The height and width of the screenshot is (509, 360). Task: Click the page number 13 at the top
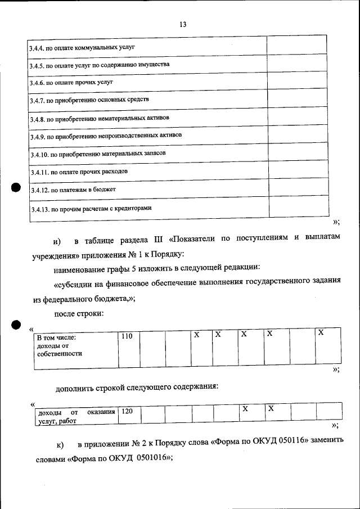[183, 25]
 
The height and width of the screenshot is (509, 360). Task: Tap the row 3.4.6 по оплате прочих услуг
[71, 82]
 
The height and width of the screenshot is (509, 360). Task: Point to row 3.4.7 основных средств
[89, 100]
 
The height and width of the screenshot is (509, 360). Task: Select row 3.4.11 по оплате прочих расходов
[82, 171]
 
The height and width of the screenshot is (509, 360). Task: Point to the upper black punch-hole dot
[16, 189]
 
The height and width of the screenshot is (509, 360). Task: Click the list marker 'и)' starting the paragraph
[57, 241]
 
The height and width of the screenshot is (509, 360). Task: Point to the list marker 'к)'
[60, 445]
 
